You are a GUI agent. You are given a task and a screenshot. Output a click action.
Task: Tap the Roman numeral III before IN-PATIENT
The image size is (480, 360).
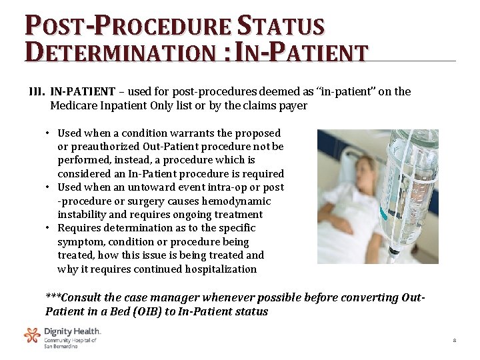36,92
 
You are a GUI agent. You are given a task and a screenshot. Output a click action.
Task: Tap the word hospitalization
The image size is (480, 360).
216,269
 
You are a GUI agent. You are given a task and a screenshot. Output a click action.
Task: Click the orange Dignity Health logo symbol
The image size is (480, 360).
32,335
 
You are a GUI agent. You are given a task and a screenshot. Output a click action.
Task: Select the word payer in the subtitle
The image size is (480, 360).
293,105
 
